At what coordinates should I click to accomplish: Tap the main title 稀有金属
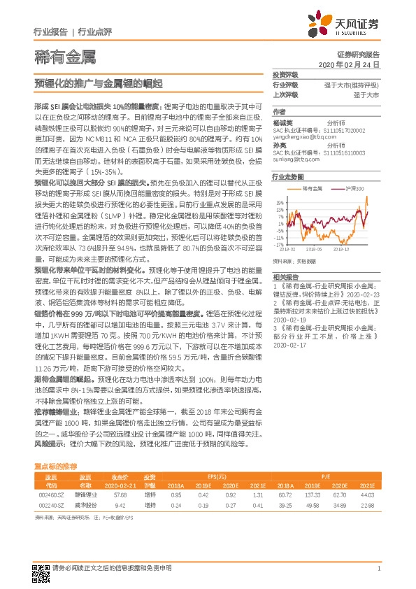pyautogui.click(x=64, y=57)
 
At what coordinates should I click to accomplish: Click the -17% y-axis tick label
pyautogui.click(x=279, y=246)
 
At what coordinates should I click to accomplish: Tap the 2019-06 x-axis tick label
pyautogui.click(x=313, y=248)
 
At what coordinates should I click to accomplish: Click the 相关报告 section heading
pyautogui.click(x=285, y=276)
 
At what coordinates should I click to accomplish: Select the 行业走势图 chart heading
pyautogui.click(x=287, y=178)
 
